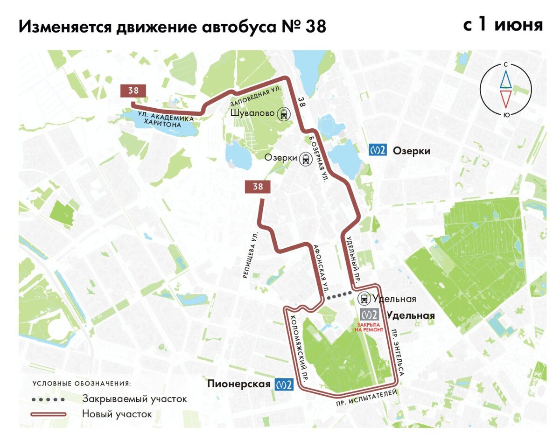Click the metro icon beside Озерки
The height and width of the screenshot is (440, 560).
pos(378,151)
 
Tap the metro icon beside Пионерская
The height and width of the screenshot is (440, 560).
pos(284,384)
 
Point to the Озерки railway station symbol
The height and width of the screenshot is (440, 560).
pos(306,159)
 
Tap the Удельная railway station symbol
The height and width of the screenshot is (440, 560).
pos(364,299)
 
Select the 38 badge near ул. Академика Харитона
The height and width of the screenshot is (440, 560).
pos(133,91)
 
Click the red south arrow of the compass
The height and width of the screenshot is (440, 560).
pos(506,99)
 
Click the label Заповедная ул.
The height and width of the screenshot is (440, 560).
pos(255,96)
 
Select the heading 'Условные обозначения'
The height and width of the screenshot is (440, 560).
pos(82,384)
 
